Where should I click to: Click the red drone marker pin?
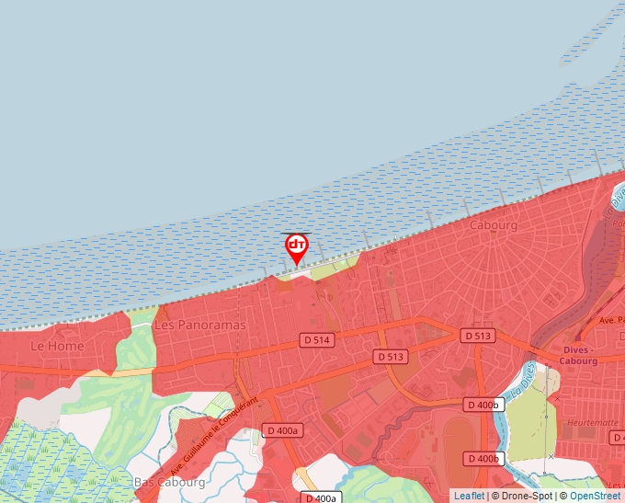tap(297, 246)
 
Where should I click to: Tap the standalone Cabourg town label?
tap(494, 225)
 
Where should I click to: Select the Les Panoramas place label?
tap(200, 326)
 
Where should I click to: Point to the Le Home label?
tap(57, 346)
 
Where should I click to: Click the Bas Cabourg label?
tap(169, 482)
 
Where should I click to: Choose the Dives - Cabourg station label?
tap(579, 355)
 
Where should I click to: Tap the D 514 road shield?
tap(316, 340)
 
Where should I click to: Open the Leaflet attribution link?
tap(469, 496)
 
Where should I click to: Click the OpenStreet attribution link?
tap(595, 496)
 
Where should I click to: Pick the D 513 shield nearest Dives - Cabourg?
tap(478, 336)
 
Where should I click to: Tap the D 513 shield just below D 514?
tap(391, 357)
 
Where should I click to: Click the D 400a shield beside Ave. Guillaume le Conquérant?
tap(281, 430)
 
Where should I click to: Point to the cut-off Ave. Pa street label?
tap(610, 320)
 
